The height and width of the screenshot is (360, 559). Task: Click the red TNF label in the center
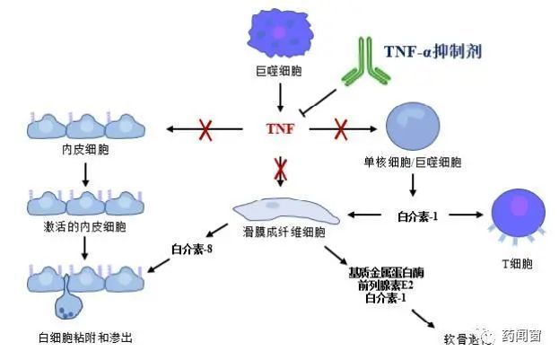pyautogui.click(x=279, y=129)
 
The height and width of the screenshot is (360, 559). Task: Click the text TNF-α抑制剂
pyautogui.click(x=432, y=51)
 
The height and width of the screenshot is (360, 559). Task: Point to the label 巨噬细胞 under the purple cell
pyautogui.click(x=280, y=70)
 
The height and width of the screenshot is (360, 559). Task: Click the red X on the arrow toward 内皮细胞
pyautogui.click(x=205, y=130)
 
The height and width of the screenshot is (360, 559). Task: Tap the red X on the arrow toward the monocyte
pyautogui.click(x=342, y=130)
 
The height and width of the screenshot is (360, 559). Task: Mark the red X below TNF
pyautogui.click(x=281, y=167)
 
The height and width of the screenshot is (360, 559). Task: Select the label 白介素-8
pyautogui.click(x=190, y=249)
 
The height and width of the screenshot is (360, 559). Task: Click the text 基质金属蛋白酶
pyautogui.click(x=383, y=272)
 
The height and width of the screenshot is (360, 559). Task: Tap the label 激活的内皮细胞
pyautogui.click(x=83, y=228)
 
